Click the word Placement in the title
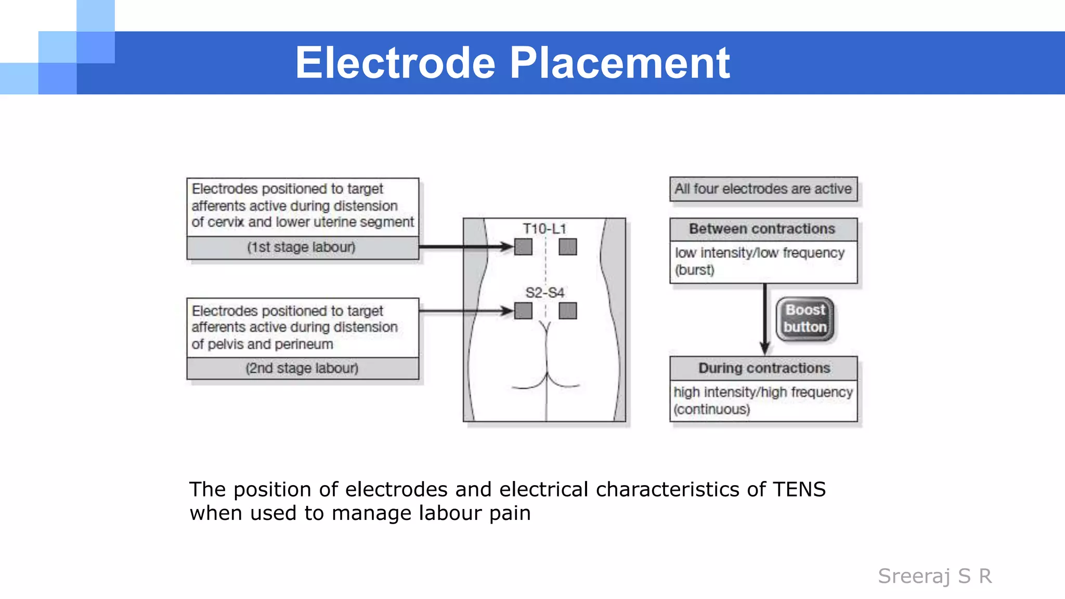619,63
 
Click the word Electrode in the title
395,63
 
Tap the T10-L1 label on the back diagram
544,229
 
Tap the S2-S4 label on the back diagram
544,293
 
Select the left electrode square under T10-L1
523,247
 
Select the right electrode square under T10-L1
567,247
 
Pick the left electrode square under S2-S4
523,311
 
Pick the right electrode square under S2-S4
567,311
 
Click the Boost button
805,319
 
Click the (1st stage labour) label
302,248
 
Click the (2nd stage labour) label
302,368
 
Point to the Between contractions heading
762,229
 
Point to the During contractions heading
764,368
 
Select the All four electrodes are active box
763,189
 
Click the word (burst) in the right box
695,270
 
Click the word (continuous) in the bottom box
712,409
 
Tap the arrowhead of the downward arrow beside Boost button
764,348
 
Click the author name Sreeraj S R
934,576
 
